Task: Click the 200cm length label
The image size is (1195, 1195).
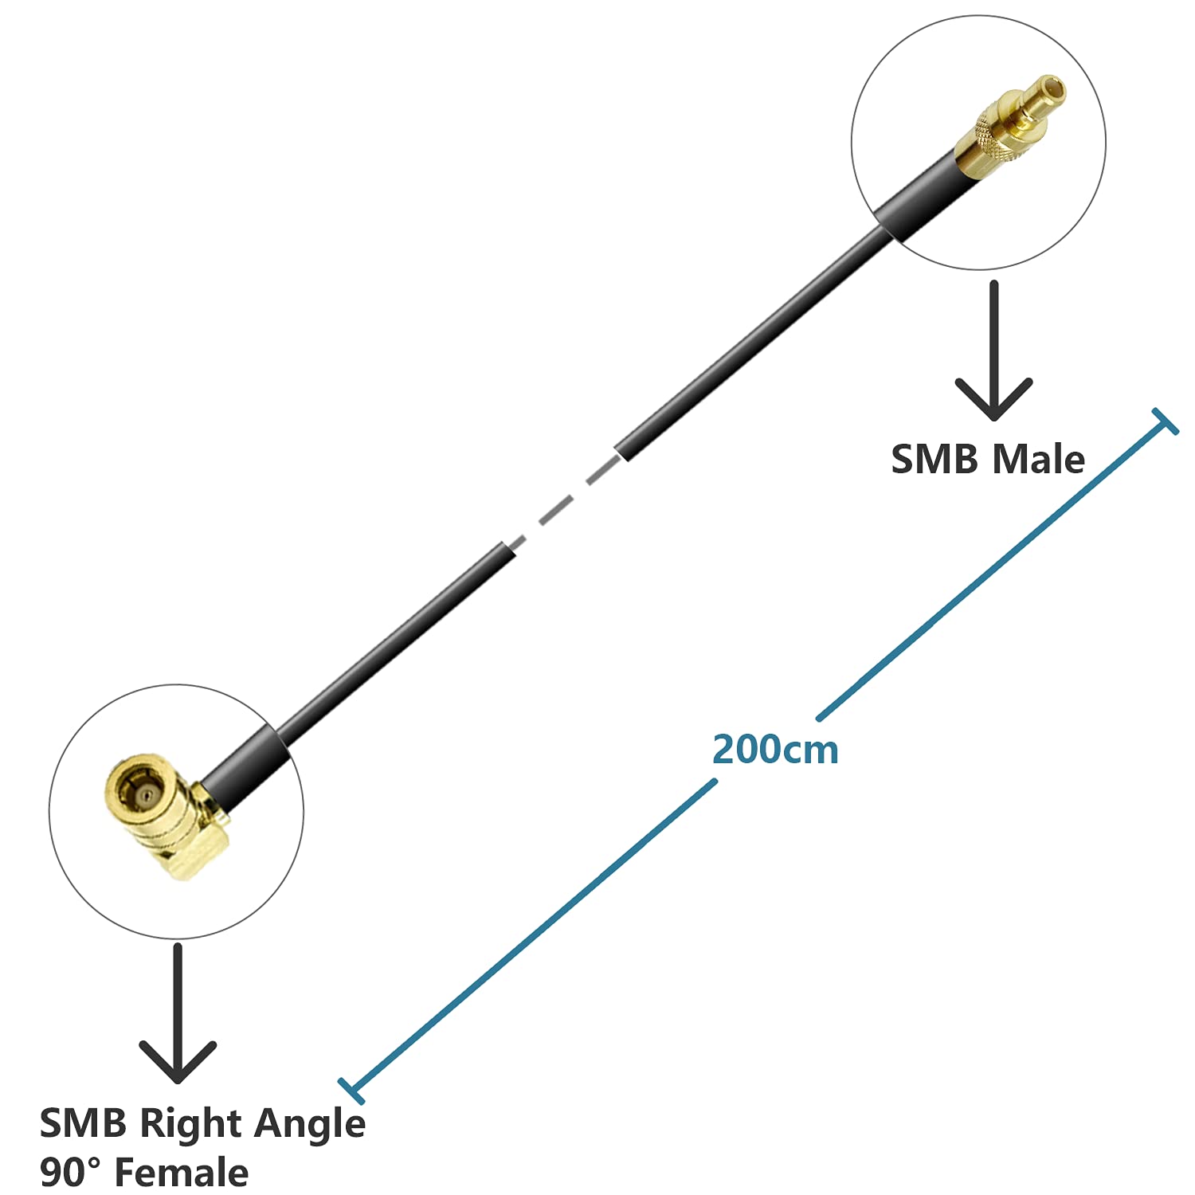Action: tap(775, 750)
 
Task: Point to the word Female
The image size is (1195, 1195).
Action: tap(182, 1173)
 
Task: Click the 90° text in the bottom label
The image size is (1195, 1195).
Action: tap(70, 1173)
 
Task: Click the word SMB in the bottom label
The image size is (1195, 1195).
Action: tap(83, 1124)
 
